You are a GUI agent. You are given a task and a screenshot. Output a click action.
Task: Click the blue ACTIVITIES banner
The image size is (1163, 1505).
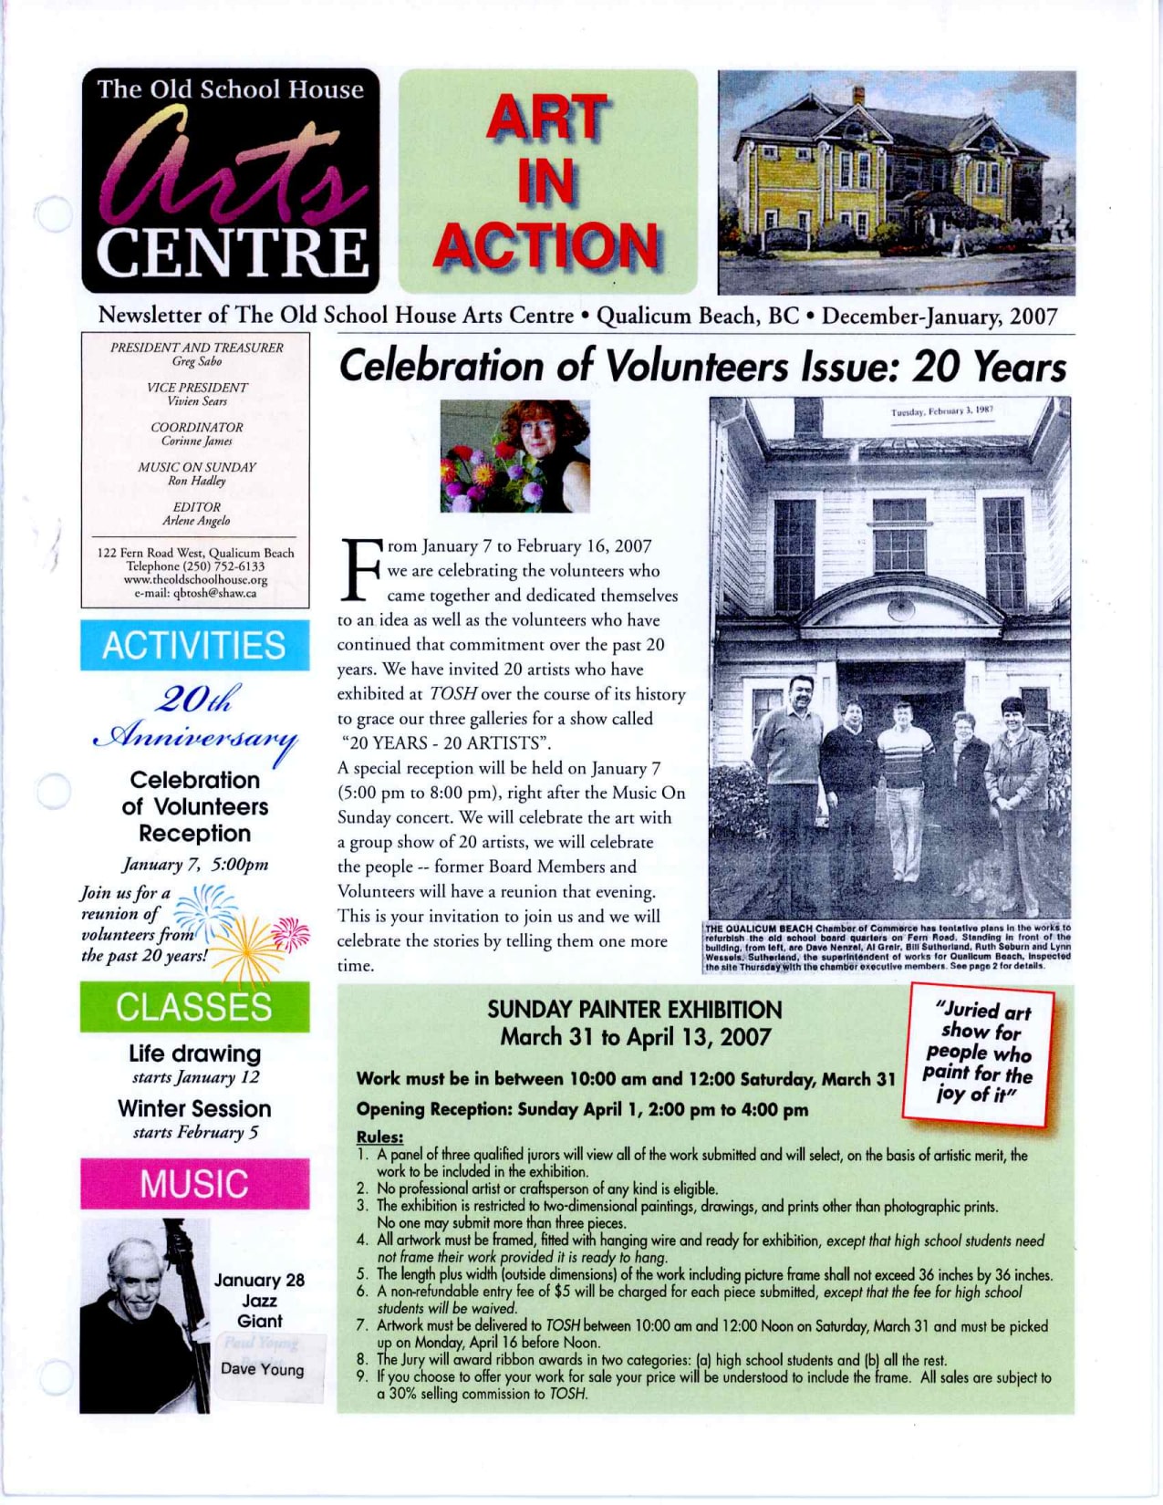[x=194, y=646]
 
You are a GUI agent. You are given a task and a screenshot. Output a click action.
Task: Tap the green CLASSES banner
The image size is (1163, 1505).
[x=194, y=1007]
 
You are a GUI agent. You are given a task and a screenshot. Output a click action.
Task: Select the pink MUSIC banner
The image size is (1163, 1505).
[x=194, y=1184]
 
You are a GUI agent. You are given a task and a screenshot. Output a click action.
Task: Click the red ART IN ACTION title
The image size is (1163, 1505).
[x=547, y=182]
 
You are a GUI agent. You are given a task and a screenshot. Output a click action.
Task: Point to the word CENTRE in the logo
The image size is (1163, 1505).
[x=233, y=253]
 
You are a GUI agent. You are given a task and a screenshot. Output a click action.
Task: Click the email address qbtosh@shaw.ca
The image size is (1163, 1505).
[x=195, y=594]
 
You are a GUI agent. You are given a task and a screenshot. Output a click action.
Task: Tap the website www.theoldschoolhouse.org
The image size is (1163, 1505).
[x=195, y=580]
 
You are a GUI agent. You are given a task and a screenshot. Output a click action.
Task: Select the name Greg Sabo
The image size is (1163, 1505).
[x=197, y=361]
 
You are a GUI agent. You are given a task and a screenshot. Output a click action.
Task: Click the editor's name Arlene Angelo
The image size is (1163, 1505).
[x=196, y=521]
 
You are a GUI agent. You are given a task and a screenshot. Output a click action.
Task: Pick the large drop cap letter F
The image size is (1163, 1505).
[x=361, y=570]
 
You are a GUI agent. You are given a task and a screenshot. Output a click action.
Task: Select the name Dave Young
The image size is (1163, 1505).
[x=262, y=1369]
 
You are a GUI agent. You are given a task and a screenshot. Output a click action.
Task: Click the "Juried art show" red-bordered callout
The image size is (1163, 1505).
[x=978, y=1053]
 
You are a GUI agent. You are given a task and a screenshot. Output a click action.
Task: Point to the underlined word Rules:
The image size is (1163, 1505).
[x=379, y=1137]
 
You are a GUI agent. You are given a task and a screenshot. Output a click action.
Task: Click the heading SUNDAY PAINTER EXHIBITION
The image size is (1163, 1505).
[x=634, y=1010]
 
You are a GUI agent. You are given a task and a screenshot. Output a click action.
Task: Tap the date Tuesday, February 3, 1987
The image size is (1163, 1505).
[x=941, y=411]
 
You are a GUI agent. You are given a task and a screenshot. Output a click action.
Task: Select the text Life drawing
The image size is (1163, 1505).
[x=194, y=1053]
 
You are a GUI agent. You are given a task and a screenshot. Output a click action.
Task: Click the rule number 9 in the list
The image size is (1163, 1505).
[x=362, y=1377]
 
